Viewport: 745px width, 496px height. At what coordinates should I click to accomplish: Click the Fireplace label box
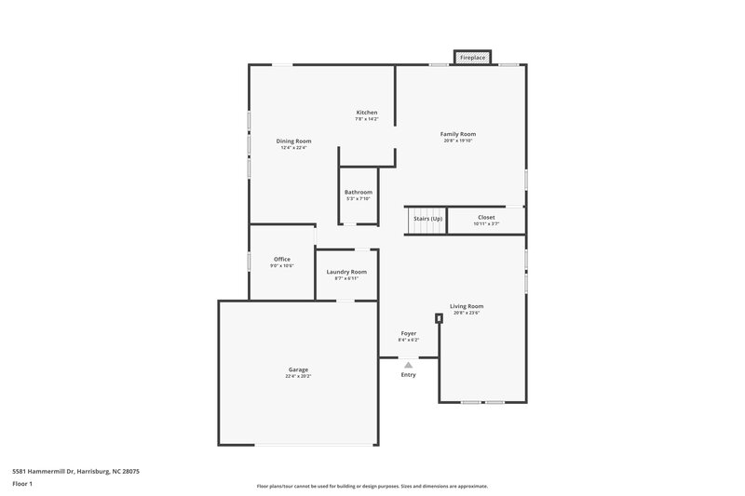point(472,59)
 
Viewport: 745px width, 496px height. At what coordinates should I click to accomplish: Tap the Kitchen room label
point(366,113)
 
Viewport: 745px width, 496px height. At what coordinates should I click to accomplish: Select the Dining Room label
point(293,141)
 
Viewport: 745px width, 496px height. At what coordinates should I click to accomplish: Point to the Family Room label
point(458,134)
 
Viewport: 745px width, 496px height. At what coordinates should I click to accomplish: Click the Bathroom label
point(359,192)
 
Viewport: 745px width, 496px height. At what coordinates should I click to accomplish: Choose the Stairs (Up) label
point(427,218)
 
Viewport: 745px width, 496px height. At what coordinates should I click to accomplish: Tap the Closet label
point(486,217)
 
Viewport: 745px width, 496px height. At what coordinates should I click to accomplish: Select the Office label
point(281,259)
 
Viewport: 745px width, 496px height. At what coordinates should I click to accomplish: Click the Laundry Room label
point(346,272)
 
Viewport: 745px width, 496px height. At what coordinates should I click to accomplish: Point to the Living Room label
point(467,306)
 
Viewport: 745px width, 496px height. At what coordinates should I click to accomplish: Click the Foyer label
point(408,333)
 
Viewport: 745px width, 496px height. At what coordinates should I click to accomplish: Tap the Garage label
point(298,369)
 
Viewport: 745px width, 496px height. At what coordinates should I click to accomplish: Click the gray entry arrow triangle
point(408,365)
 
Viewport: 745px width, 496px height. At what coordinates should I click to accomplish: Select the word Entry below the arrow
point(408,375)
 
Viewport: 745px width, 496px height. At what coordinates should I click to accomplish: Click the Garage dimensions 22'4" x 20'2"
point(298,376)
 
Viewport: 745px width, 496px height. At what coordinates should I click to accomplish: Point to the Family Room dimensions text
point(458,141)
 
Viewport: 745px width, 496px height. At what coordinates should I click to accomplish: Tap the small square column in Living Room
point(439,317)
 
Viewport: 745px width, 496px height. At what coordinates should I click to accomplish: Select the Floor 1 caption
point(21,484)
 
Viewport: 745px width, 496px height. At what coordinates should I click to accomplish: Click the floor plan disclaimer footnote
point(372,486)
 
